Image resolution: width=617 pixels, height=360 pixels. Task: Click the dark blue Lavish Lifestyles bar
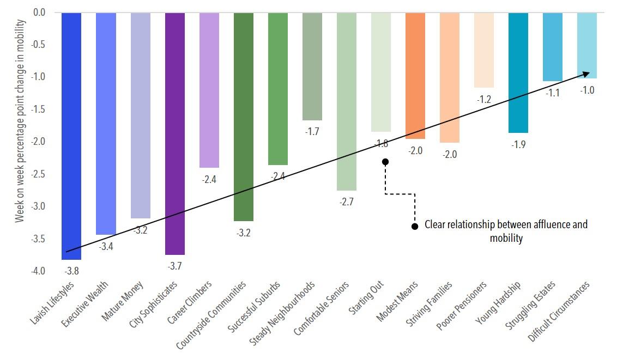click(x=71, y=136)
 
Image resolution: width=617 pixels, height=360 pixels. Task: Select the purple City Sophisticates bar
click(x=175, y=133)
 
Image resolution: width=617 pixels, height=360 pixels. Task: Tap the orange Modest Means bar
click(x=415, y=76)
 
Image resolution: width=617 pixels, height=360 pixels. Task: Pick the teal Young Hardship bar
click(x=518, y=72)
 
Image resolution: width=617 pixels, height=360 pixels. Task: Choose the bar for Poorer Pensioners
click(x=484, y=50)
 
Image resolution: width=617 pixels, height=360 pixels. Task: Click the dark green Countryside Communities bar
click(x=244, y=117)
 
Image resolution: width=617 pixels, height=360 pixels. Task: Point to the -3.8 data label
click(x=71, y=271)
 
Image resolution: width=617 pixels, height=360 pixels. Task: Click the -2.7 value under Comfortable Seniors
click(x=346, y=202)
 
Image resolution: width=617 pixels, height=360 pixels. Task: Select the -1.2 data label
click(x=484, y=99)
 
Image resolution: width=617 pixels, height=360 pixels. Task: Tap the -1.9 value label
click(x=518, y=144)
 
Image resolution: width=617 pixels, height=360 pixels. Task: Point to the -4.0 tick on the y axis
click(x=38, y=271)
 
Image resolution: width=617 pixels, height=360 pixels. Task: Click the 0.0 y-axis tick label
click(x=39, y=13)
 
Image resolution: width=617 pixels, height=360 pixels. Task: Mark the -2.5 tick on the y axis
click(x=38, y=174)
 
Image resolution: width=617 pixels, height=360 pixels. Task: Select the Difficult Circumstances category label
click(x=558, y=312)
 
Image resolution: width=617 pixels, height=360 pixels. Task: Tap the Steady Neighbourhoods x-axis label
click(x=282, y=313)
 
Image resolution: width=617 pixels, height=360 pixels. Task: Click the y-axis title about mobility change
click(x=20, y=121)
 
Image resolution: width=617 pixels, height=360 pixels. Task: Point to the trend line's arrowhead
click(x=586, y=74)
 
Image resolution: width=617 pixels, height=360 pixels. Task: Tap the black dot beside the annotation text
click(x=415, y=227)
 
